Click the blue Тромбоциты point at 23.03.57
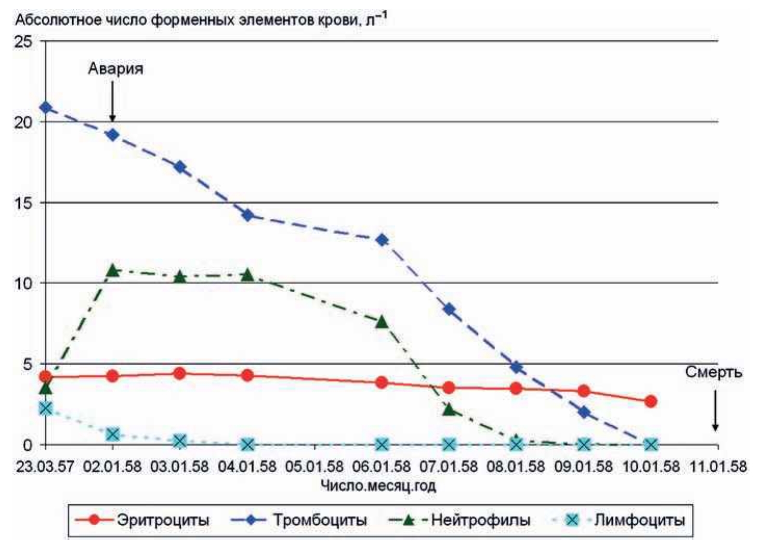(46, 108)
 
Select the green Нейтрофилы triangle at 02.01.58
(113, 270)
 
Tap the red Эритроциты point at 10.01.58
(650, 401)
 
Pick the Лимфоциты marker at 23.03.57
(46, 408)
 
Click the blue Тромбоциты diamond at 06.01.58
(382, 240)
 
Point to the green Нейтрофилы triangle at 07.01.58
(450, 410)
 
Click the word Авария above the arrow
(115, 69)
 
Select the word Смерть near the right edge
(713, 372)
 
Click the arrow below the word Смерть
(715, 411)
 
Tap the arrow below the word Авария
(113, 101)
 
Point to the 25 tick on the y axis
(23, 42)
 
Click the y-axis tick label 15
(23, 203)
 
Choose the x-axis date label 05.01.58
(314, 466)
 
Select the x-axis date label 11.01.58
(718, 466)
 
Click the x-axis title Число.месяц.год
(378, 486)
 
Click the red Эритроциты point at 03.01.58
(180, 373)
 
